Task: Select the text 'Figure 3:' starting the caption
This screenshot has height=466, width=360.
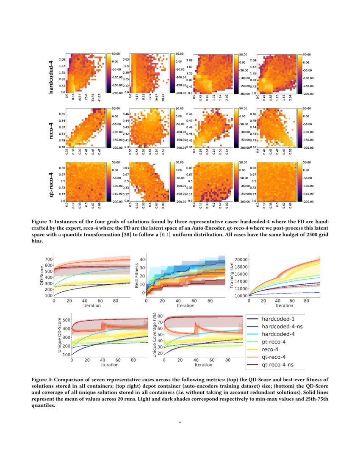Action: click(x=44, y=222)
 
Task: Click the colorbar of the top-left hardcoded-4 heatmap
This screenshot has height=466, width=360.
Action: click(x=108, y=73)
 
